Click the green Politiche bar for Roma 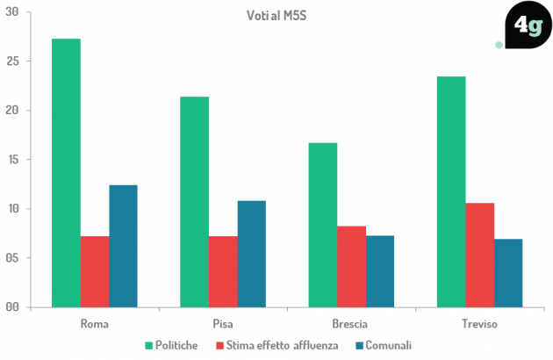(66, 173)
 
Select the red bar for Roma (94, 271)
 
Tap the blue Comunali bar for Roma (123, 246)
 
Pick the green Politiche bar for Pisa (194, 202)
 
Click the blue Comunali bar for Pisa (251, 254)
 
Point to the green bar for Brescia (322, 225)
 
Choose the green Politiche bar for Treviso (451, 191)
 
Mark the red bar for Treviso (479, 255)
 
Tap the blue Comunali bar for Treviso (508, 273)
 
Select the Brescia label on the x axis (350, 324)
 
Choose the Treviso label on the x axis (479, 324)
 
